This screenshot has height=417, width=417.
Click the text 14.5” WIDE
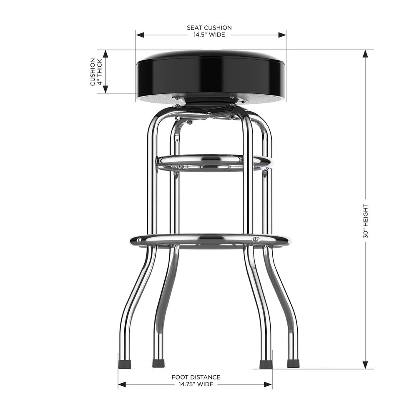click(209, 35)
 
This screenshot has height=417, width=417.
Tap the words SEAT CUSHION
click(209, 28)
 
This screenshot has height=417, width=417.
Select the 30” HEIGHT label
click(365, 221)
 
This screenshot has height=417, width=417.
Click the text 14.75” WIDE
click(196, 384)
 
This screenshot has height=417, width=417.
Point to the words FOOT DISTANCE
click(196, 377)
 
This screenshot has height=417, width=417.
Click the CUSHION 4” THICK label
click(96, 72)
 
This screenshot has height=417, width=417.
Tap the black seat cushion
click(211, 73)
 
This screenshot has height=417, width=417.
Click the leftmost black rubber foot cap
click(125, 364)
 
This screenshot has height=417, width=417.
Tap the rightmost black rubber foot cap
click(293, 364)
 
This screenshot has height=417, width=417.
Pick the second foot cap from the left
click(158, 364)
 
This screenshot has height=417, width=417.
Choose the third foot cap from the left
click(266, 364)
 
